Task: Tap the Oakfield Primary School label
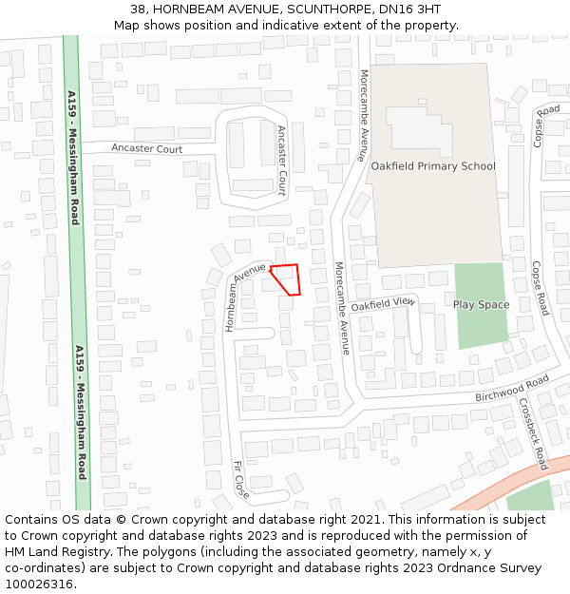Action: pyautogui.click(x=433, y=166)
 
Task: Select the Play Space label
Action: pyautogui.click(x=481, y=305)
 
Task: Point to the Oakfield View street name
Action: pyautogui.click(x=383, y=304)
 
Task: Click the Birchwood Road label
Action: pyautogui.click(x=512, y=387)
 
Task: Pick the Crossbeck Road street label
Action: pyautogui.click(x=533, y=433)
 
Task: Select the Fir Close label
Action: pyautogui.click(x=240, y=481)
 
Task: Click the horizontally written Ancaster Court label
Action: pyautogui.click(x=146, y=149)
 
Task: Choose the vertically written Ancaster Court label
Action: pyautogui.click(x=281, y=160)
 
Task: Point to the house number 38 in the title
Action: pyautogui.click(x=138, y=9)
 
